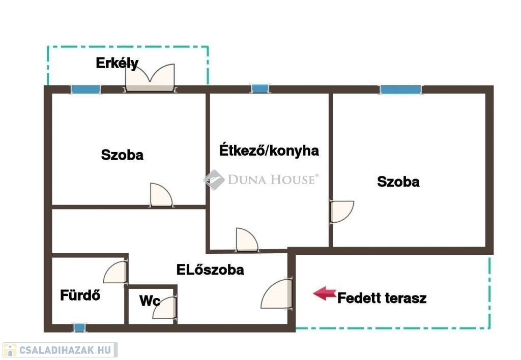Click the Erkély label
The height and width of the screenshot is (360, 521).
tap(117, 63)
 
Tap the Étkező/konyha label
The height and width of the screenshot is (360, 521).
tap(269, 151)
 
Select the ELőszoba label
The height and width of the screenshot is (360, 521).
tap(210, 269)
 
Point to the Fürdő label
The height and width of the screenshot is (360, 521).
tap(80, 295)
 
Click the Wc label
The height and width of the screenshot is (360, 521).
tap(150, 301)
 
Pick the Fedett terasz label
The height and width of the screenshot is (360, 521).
tap(382, 298)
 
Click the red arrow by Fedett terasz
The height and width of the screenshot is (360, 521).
tap(325, 293)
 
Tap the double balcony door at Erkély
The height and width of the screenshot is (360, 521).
tap(150, 77)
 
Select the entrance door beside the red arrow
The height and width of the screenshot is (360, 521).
tap(276, 293)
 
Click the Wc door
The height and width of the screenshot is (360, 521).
tap(164, 308)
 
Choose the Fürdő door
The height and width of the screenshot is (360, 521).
tap(115, 272)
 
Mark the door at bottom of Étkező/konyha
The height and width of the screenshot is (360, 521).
tap(247, 239)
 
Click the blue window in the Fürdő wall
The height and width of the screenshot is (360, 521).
tap(79, 328)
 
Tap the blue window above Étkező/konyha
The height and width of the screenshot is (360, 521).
tap(260, 88)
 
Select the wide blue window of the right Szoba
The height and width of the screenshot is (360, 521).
tap(401, 89)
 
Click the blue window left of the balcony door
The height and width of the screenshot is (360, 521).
tap(85, 89)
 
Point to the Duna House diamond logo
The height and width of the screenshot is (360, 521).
tap(214, 179)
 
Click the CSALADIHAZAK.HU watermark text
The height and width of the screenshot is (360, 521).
tap(65, 350)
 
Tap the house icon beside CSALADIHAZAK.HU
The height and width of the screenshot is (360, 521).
tap(10, 350)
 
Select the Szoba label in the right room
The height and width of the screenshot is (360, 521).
tap(398, 182)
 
